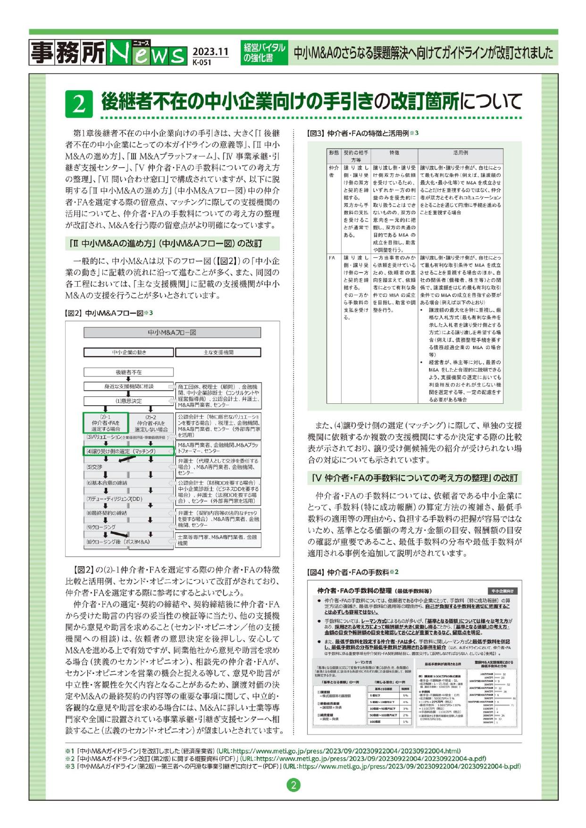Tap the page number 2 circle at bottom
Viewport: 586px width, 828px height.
[x=293, y=785]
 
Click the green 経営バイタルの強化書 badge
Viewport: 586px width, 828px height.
[x=264, y=52]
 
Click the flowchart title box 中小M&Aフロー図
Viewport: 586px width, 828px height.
[x=172, y=333]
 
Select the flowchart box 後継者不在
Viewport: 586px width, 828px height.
[x=128, y=372]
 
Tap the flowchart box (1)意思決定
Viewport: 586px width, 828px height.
[x=128, y=401]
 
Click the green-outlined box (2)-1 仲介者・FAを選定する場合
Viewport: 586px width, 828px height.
[x=106, y=423]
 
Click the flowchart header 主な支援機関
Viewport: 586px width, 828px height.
[x=218, y=352]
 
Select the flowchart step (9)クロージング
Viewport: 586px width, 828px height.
[x=101, y=527]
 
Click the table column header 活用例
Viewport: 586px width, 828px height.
[x=460, y=153]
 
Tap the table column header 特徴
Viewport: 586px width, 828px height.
[x=394, y=153]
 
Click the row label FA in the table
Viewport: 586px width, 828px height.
[x=332, y=258]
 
